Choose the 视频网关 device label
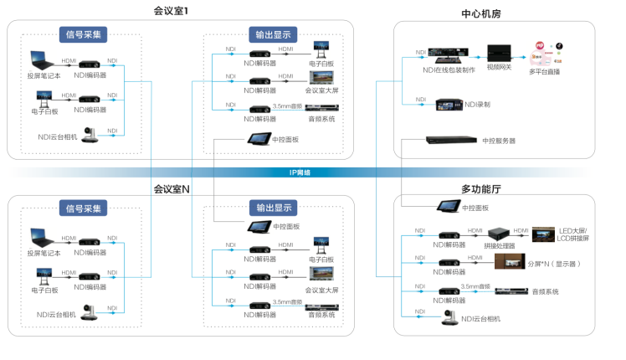click(500, 66)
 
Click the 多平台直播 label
click(543, 72)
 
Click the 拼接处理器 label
click(499, 246)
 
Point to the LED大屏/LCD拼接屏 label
click(575, 234)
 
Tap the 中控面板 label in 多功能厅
click(475, 207)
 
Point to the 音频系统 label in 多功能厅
click(545, 291)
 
